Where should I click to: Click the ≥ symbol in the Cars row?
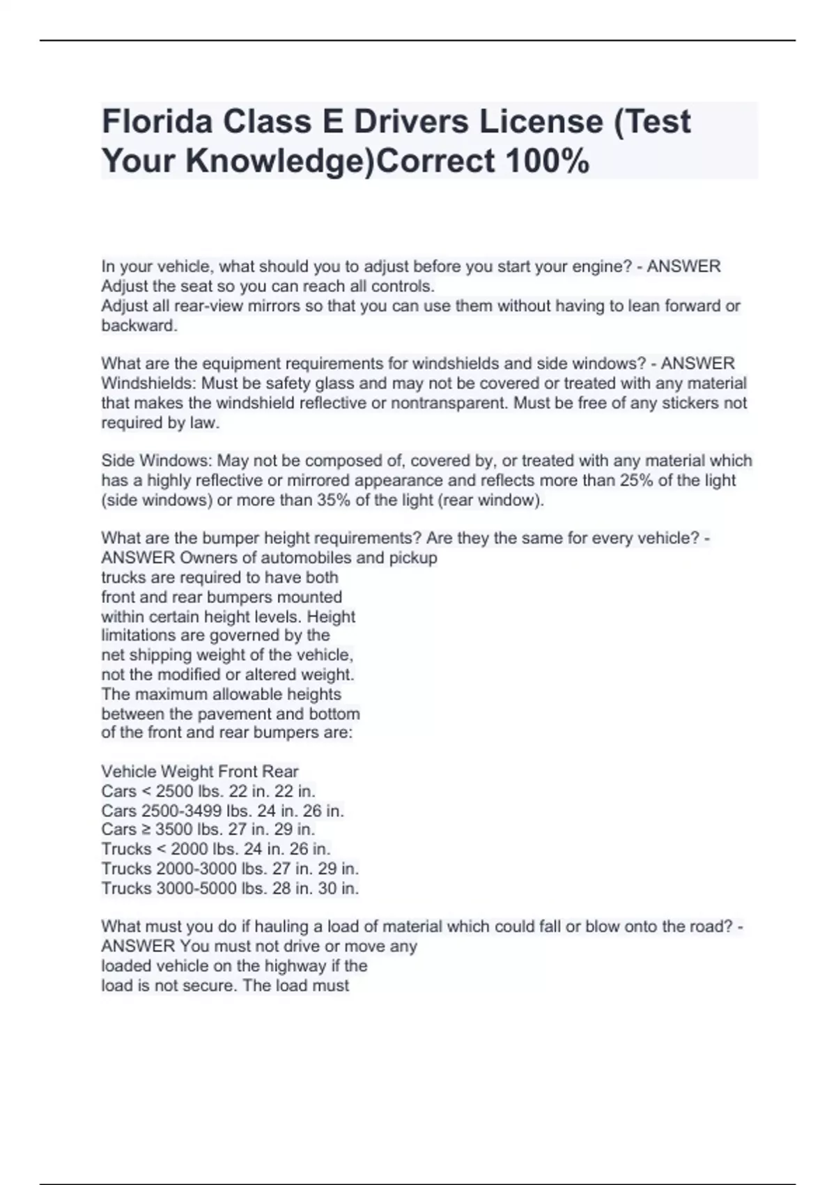point(146,829)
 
